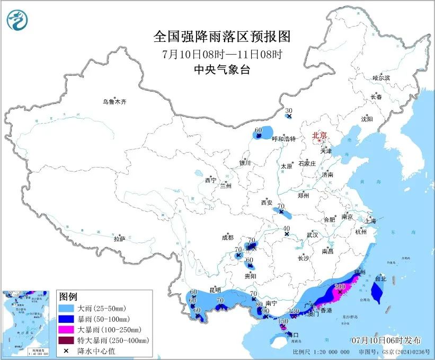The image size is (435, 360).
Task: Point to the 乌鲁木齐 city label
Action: pos(116,102)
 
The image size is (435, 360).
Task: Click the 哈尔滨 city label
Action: pos(380,78)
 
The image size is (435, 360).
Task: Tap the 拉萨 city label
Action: pos(119,239)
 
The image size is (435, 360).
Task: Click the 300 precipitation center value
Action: pos(340,286)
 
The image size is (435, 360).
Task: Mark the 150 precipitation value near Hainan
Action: pos(283,321)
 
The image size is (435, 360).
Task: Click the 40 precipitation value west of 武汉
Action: pos(287,228)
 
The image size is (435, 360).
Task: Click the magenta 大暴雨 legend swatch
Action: pos(67,329)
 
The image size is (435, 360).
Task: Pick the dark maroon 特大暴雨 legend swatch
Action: pos(67,340)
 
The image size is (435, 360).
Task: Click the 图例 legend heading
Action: pos(69,296)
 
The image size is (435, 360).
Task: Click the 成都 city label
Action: pos(227,238)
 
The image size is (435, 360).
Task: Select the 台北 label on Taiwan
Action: pos(381,278)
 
